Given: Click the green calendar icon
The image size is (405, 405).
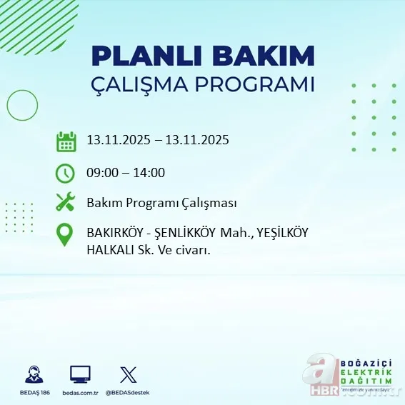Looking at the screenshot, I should coord(66,141).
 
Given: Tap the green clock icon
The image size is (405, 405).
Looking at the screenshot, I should coord(66,173).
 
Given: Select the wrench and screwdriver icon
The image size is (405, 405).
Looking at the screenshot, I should coord(66,203).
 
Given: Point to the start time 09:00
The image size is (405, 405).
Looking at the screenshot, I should coord(102,173).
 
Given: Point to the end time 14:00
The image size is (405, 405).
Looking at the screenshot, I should coord(149,173).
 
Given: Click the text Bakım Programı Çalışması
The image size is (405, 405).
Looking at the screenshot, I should coord(161,203).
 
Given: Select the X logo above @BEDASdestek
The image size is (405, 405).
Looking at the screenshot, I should coord(128,374).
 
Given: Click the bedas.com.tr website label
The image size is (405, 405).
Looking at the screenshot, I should coord(80,392).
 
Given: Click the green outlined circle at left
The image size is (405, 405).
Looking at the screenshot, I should coord(22,106).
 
